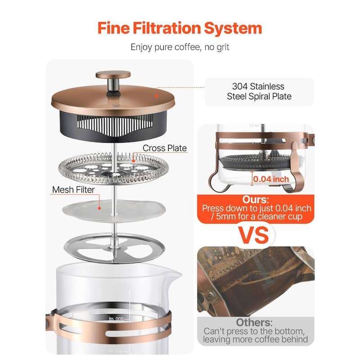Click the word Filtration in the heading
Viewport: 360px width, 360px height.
click(x=167, y=28)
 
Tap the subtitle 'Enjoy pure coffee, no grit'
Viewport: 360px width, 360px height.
click(x=180, y=47)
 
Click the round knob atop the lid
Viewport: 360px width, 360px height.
click(x=113, y=75)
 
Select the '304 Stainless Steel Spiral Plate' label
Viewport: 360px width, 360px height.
click(x=259, y=91)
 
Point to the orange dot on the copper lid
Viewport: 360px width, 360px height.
click(x=156, y=96)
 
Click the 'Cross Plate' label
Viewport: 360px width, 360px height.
click(x=165, y=148)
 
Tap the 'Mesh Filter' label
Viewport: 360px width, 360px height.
click(x=73, y=189)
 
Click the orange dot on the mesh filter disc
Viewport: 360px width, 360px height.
click(x=99, y=208)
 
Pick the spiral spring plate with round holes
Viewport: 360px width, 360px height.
click(x=113, y=169)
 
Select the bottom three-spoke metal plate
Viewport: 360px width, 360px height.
click(x=114, y=248)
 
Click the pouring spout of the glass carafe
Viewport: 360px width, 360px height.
click(x=176, y=274)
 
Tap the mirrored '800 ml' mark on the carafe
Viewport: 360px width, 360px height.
click(x=116, y=319)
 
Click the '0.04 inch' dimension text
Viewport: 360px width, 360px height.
click(x=271, y=179)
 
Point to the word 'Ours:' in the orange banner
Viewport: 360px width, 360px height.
click(x=255, y=199)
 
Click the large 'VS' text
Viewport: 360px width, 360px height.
click(x=254, y=235)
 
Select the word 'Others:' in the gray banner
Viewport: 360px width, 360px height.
click(x=254, y=322)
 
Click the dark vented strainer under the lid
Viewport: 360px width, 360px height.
click(x=113, y=126)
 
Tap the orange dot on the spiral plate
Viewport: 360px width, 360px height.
click(x=133, y=161)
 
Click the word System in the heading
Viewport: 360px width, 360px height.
click(x=233, y=28)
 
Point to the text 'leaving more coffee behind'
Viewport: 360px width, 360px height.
click(x=255, y=339)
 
